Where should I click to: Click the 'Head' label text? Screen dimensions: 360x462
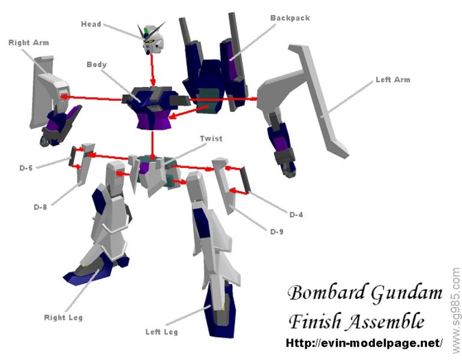pos(91,24)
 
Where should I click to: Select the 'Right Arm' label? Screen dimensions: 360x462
pos(28,43)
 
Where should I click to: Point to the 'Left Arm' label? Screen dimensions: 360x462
pos(392,79)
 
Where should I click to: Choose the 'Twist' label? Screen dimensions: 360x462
pos(212,139)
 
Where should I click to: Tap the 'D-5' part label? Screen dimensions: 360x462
pos(25,168)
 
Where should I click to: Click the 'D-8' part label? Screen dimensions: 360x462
pos(40,206)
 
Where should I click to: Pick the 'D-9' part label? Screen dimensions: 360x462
pos(276,232)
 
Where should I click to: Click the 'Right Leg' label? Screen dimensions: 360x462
pos(63,317)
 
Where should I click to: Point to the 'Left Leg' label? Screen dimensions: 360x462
pos(161,331)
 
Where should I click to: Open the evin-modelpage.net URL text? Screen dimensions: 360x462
pos(364,344)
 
